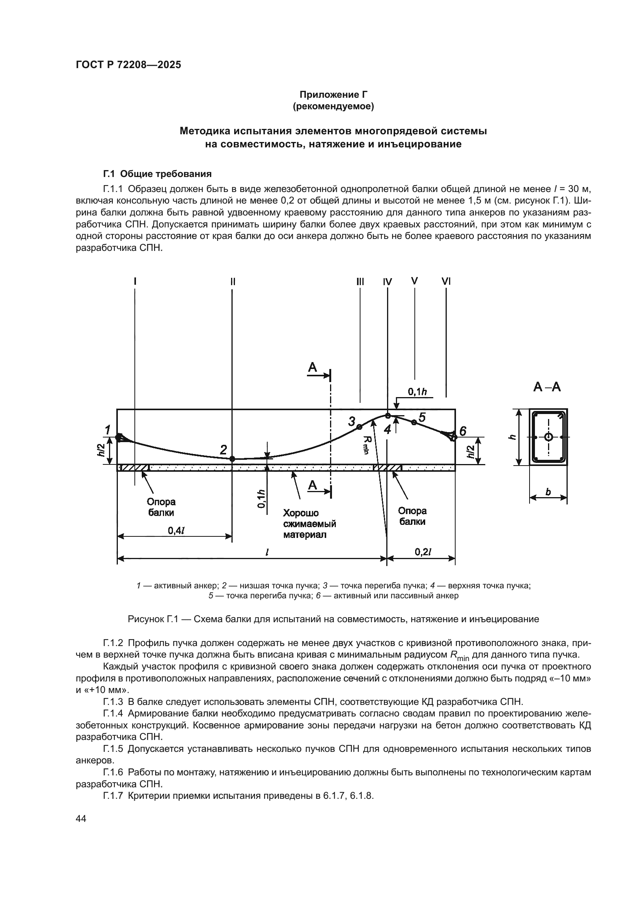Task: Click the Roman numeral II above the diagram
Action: coord(233,281)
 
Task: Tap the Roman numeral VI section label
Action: coord(446,281)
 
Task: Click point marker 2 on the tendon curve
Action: coord(232,459)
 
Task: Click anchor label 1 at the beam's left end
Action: coord(107,430)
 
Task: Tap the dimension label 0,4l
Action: coord(176,530)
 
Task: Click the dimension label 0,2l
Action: coord(423,552)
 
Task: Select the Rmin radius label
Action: coord(366,444)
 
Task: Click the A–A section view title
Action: coord(547,387)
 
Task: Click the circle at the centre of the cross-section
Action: coord(548,437)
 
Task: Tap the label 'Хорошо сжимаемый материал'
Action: coord(310,524)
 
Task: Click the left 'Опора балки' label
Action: coord(161,507)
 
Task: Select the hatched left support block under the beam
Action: coord(134,468)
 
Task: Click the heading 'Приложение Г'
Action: coord(334,95)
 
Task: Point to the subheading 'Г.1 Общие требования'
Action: coord(157,174)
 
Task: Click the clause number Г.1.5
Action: coord(113,749)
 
